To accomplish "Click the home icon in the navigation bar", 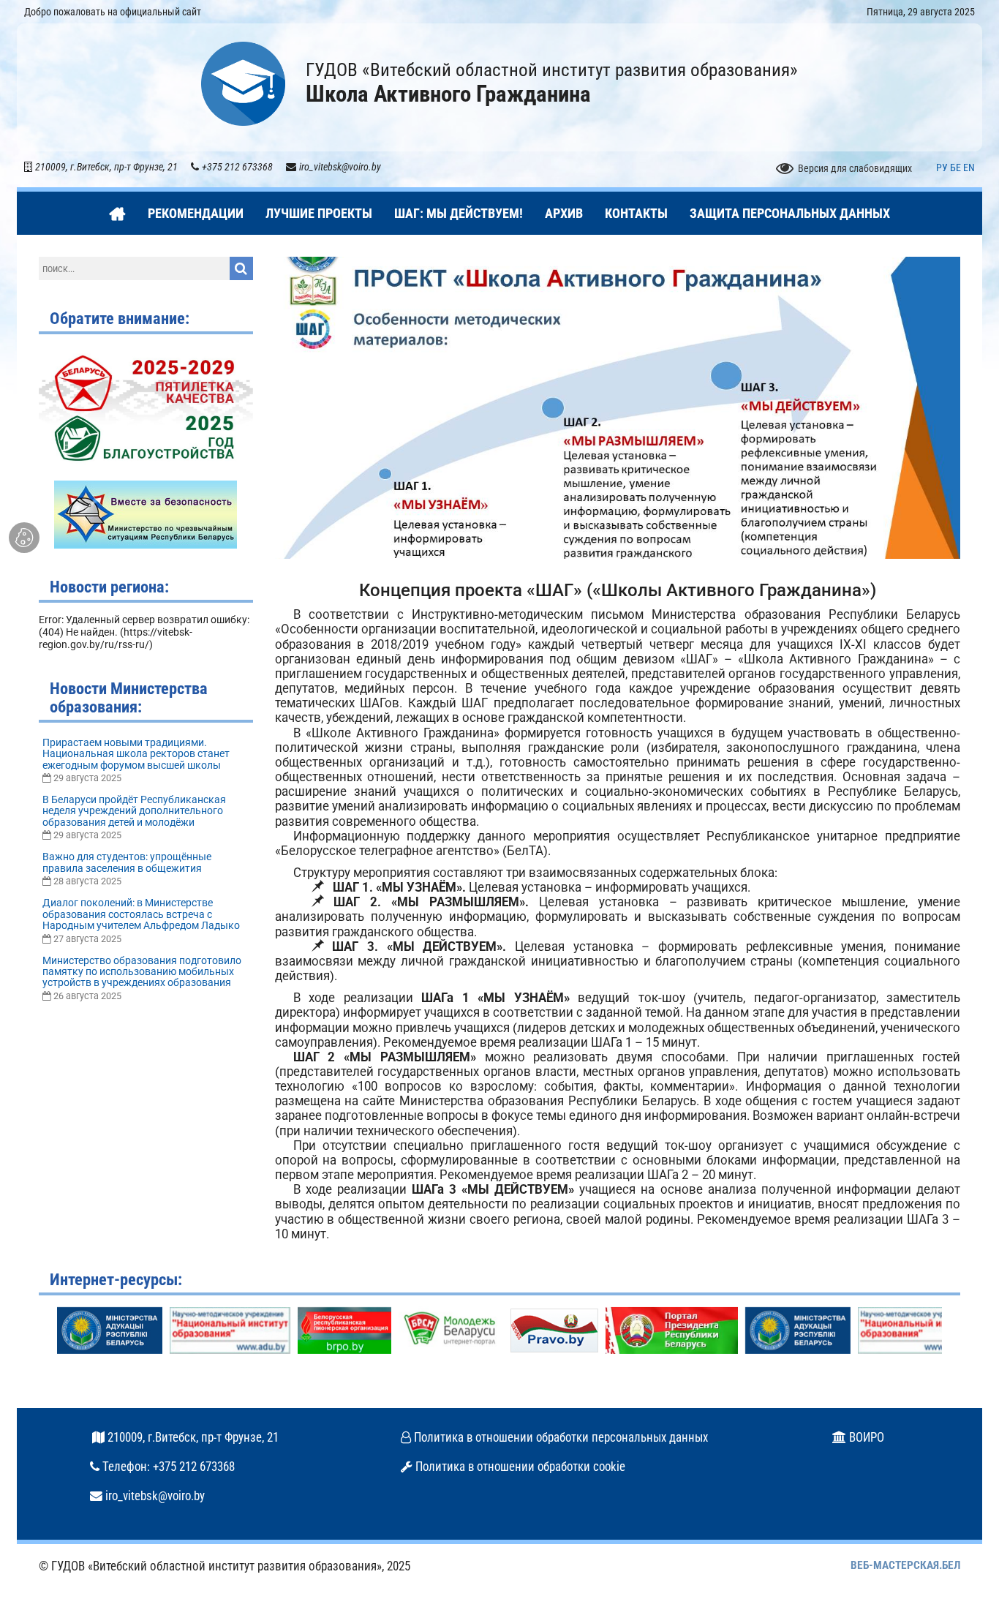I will coord(117,214).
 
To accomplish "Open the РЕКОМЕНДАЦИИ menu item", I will coord(195,214).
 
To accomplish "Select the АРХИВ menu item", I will coord(563,214).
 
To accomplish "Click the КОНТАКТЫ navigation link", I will coord(636,214).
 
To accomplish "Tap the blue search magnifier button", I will coord(241,268).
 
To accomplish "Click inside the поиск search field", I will coord(134,268).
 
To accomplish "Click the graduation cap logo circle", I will coord(243,84).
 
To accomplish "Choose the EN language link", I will coord(969,168).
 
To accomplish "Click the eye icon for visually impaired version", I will coord(784,168).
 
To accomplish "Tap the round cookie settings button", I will coord(24,538).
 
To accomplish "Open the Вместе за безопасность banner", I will coord(146,514).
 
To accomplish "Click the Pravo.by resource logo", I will coord(554,1331).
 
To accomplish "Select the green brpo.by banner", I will coord(344,1331).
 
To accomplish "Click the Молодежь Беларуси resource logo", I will coord(451,1331).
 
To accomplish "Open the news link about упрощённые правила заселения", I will coord(127,862).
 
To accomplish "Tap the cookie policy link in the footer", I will coord(519,1467).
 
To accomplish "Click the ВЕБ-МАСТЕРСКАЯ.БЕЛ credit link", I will coord(905,1565).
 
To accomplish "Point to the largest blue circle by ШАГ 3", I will coord(726,375).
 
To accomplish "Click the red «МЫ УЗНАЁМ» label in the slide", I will coord(440,505).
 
